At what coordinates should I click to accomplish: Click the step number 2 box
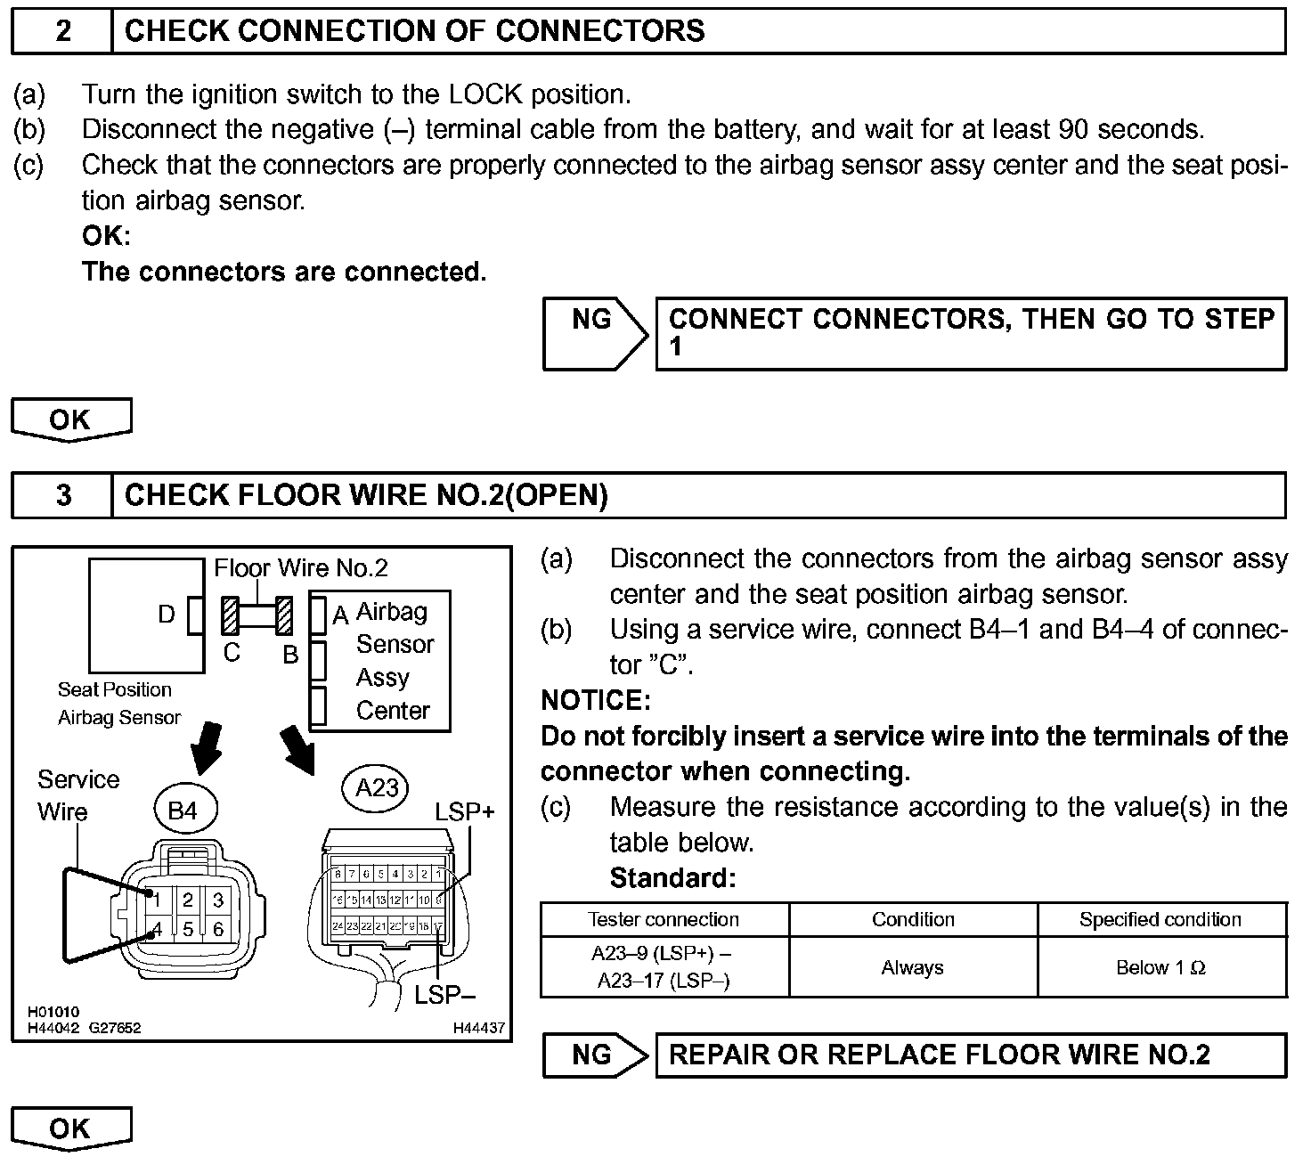[62, 31]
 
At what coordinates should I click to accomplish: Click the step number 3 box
[62, 495]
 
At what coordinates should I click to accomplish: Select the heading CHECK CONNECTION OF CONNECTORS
[414, 31]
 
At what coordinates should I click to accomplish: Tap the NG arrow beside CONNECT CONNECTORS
[594, 333]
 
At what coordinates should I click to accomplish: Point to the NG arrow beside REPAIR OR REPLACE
[594, 1055]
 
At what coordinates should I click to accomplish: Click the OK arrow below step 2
[70, 419]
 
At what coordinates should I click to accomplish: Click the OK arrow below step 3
[70, 1128]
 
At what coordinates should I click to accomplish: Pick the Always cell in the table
[912, 967]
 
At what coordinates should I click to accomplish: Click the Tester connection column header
[664, 919]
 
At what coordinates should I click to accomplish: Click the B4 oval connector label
[183, 811]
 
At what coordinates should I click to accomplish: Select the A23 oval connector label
[376, 788]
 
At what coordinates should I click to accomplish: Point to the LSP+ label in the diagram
[464, 811]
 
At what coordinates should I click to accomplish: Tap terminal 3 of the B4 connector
[218, 900]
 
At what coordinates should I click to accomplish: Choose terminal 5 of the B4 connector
[188, 930]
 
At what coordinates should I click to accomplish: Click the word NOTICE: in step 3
[596, 701]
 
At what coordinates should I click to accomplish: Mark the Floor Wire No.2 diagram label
[301, 568]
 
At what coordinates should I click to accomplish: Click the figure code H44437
[478, 1028]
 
